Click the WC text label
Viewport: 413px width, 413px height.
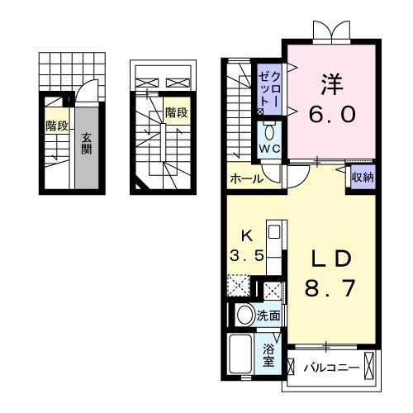(x=269, y=150)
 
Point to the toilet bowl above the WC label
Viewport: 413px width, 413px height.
(x=269, y=132)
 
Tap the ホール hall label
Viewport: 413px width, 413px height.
(x=246, y=178)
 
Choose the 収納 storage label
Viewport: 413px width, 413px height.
(x=360, y=176)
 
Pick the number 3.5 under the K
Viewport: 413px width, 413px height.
(x=247, y=256)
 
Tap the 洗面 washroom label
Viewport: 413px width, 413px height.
(x=268, y=315)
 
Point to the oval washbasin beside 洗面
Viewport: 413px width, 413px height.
(x=244, y=315)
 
